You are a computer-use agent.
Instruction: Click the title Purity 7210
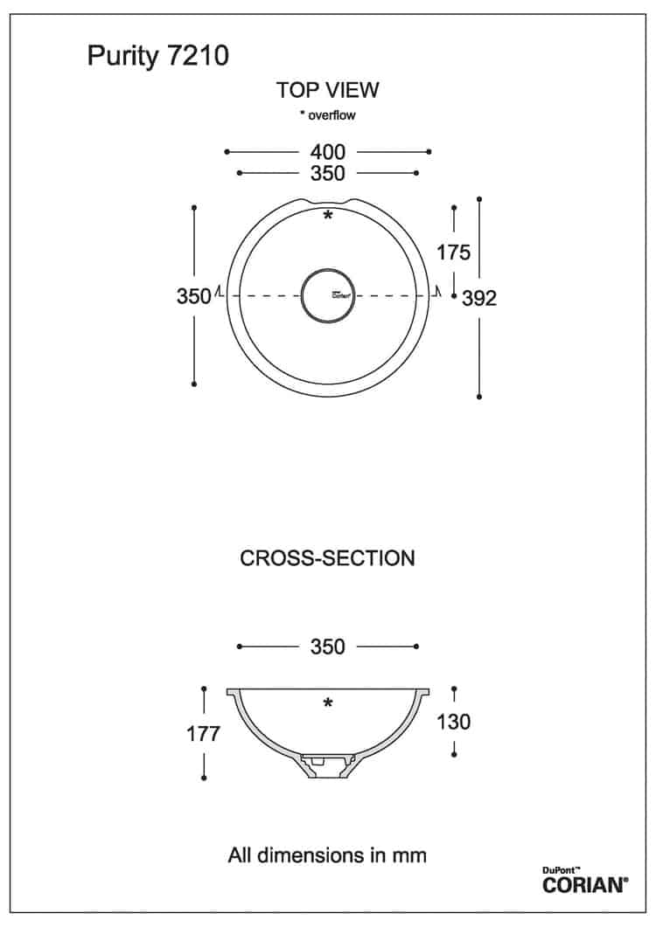pos(158,56)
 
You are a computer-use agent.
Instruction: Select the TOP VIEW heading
pos(327,90)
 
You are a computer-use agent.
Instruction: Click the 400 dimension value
pos(327,152)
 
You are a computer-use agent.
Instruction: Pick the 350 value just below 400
pos(327,173)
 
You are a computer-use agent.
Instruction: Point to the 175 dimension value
pos(454,253)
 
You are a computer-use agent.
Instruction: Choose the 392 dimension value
pos(479,298)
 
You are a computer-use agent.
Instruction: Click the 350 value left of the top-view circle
pos(193,295)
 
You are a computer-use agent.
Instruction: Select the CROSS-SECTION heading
pos(327,558)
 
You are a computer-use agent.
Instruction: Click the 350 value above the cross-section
pos(327,647)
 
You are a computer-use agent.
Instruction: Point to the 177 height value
pos(203,734)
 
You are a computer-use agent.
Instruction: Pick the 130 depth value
pos(454,722)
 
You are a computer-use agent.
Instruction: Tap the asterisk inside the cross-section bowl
pos(327,703)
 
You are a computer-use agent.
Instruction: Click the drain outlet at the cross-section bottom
pos(327,766)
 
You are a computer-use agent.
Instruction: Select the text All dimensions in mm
pos(327,854)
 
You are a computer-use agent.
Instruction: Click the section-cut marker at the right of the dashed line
pos(437,291)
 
